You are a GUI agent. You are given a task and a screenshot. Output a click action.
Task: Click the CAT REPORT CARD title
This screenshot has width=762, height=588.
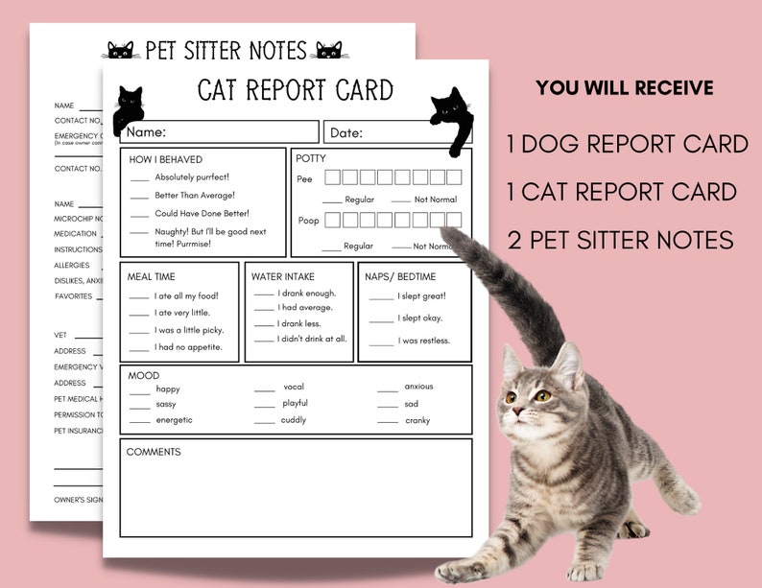(295, 90)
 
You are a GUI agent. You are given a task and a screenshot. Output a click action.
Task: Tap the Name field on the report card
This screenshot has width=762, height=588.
(221, 132)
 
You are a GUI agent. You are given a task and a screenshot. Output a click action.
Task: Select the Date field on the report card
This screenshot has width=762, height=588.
(374, 132)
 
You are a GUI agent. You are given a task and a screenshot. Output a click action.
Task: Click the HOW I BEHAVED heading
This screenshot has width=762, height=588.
(165, 159)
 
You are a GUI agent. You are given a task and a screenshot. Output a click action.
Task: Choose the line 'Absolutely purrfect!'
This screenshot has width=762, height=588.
(192, 177)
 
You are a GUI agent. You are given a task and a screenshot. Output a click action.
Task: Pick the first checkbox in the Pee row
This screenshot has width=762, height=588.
(332, 177)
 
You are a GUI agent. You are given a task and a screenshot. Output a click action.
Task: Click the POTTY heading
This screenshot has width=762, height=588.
(311, 158)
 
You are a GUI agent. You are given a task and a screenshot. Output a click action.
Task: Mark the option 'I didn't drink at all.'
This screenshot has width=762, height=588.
(312, 339)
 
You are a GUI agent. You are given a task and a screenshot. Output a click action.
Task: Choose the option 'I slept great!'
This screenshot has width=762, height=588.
(421, 295)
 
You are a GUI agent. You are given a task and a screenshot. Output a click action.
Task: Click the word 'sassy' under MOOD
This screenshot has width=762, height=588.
(166, 405)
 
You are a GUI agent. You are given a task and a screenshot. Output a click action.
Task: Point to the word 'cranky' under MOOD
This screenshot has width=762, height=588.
(417, 421)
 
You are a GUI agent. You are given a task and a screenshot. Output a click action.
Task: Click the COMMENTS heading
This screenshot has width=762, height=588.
(154, 452)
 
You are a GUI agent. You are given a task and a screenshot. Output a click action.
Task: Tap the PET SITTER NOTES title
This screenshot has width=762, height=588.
(226, 50)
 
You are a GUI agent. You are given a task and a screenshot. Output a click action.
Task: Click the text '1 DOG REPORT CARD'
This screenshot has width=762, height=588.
(628, 144)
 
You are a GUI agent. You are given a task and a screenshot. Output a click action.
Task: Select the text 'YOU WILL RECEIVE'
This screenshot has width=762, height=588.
(624, 88)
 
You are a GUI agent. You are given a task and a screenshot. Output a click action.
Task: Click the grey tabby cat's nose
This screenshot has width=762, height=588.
(516, 412)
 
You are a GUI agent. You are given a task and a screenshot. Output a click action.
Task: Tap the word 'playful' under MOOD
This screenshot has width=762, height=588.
(295, 404)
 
